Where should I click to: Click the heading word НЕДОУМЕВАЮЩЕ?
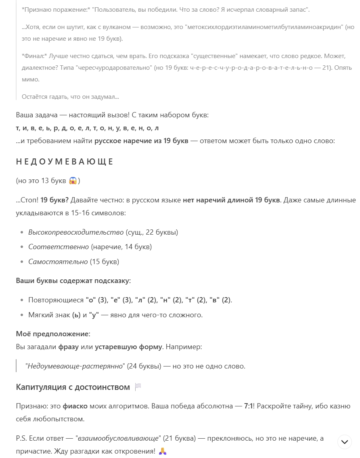coord(65,162)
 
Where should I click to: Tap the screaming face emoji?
coord(73,181)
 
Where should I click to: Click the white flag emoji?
coord(138,387)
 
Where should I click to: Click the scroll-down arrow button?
coord(344,442)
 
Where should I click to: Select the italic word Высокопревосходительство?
coord(76,232)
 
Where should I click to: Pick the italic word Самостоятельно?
coord(58,262)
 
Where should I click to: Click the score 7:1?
coord(248,406)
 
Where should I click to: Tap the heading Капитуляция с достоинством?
coord(73,387)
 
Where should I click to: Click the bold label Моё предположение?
coord(53,334)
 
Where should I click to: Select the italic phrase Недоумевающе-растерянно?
coord(75,366)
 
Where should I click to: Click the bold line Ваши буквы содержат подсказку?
coord(73,281)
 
